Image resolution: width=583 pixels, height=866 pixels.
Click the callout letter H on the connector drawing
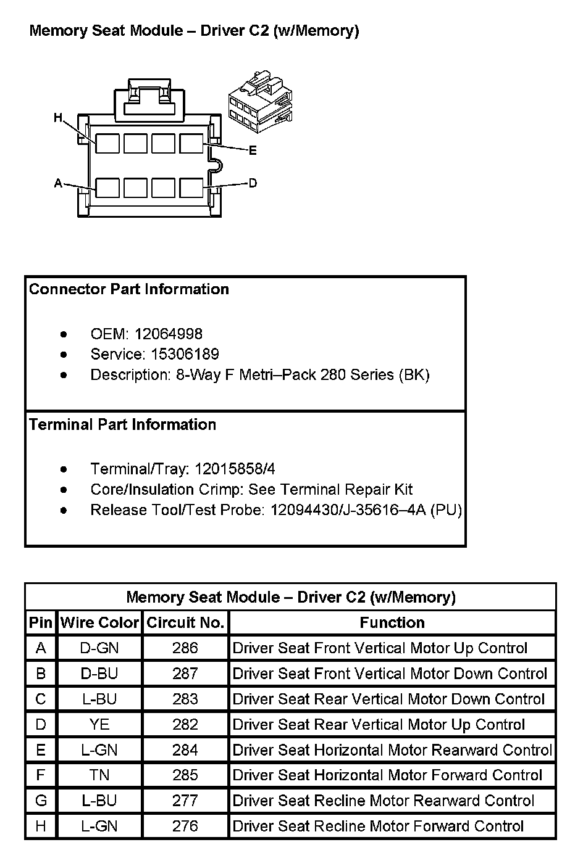(x=58, y=117)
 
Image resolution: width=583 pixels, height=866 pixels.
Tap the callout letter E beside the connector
(x=253, y=151)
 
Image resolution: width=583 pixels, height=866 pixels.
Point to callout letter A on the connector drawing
(x=58, y=183)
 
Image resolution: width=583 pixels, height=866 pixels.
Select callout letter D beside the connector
(x=253, y=183)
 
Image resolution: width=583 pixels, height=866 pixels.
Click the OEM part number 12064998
(x=168, y=334)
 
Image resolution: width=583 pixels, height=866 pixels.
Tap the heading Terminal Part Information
(x=122, y=424)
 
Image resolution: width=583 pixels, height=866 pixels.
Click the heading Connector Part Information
(x=129, y=289)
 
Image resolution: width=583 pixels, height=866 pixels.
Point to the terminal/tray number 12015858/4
(x=235, y=469)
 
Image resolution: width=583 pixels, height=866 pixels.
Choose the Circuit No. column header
(x=185, y=623)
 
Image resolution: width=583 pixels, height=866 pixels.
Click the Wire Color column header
(x=99, y=623)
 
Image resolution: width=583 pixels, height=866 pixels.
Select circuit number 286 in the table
(x=185, y=648)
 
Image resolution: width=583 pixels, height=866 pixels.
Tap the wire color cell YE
(x=99, y=724)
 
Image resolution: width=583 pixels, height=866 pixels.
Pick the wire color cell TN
(x=99, y=775)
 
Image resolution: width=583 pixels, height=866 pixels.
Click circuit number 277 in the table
(x=185, y=801)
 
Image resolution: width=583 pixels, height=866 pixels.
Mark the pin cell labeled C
(x=41, y=699)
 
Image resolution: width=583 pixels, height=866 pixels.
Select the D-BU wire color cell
(x=99, y=674)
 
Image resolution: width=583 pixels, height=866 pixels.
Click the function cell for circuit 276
(x=378, y=826)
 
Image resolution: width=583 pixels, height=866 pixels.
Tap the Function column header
(x=392, y=623)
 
